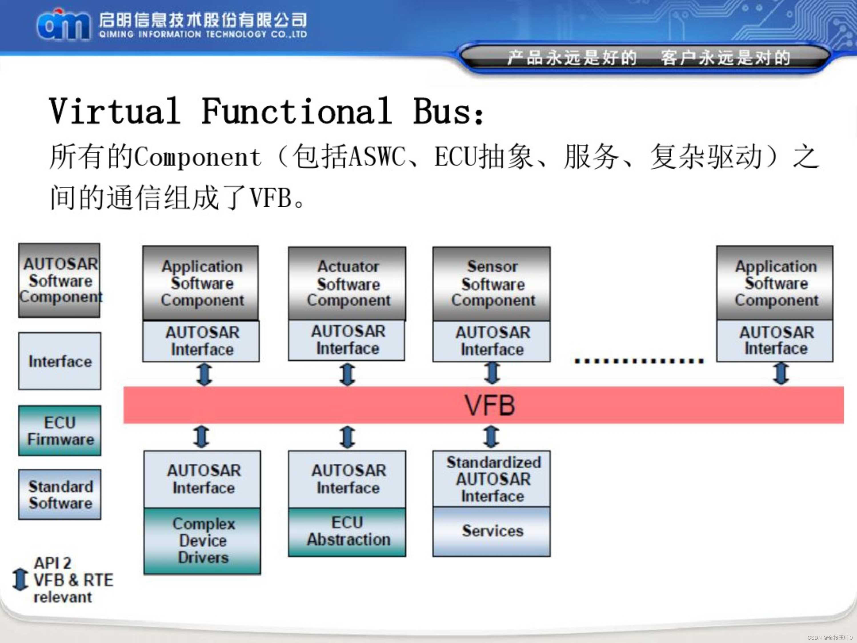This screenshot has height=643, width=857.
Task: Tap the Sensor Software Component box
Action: (492, 283)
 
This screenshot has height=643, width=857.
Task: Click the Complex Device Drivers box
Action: (202, 541)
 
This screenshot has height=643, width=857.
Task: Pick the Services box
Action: (492, 531)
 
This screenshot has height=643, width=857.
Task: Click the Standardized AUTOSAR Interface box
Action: (492, 479)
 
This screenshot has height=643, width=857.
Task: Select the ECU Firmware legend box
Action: (60, 431)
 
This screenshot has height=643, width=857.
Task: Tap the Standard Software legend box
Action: (60, 495)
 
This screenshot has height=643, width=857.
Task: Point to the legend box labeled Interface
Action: (60, 361)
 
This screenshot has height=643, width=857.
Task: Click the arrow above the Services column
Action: (491, 436)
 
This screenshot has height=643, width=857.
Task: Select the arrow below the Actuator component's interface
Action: (348, 374)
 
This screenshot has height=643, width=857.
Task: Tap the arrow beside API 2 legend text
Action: (20, 580)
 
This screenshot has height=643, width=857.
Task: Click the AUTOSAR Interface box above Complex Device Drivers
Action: (202, 479)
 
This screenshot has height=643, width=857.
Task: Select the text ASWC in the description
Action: (377, 157)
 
